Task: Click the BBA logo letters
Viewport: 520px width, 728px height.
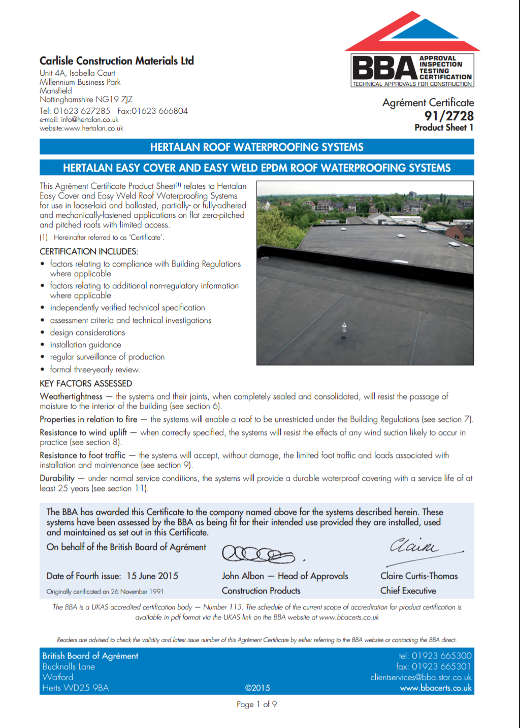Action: [384, 68]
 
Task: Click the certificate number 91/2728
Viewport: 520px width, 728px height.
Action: [449, 116]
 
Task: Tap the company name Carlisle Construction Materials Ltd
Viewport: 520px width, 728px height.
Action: [117, 61]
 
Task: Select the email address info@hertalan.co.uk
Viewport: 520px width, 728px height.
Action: [90, 120]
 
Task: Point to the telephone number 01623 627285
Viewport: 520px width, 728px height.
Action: [82, 111]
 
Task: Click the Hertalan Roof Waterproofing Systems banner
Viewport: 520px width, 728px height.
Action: [256, 147]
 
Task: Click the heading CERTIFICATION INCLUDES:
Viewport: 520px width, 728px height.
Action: [89, 251]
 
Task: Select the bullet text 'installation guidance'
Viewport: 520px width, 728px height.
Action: [85, 345]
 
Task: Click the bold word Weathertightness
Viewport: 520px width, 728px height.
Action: [71, 396]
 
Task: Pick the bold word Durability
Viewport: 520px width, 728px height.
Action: [57, 478]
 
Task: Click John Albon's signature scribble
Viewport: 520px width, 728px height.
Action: [258, 554]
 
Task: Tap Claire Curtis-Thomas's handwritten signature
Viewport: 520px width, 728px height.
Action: [414, 546]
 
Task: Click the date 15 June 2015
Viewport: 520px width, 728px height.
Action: [152, 576]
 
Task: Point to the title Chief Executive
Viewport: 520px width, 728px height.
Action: [408, 591]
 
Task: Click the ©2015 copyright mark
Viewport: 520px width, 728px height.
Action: [257, 688]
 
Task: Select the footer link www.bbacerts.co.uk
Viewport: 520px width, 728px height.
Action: [436, 688]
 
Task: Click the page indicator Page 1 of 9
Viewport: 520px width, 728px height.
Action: [256, 704]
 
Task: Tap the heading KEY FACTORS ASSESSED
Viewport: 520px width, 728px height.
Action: [86, 383]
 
